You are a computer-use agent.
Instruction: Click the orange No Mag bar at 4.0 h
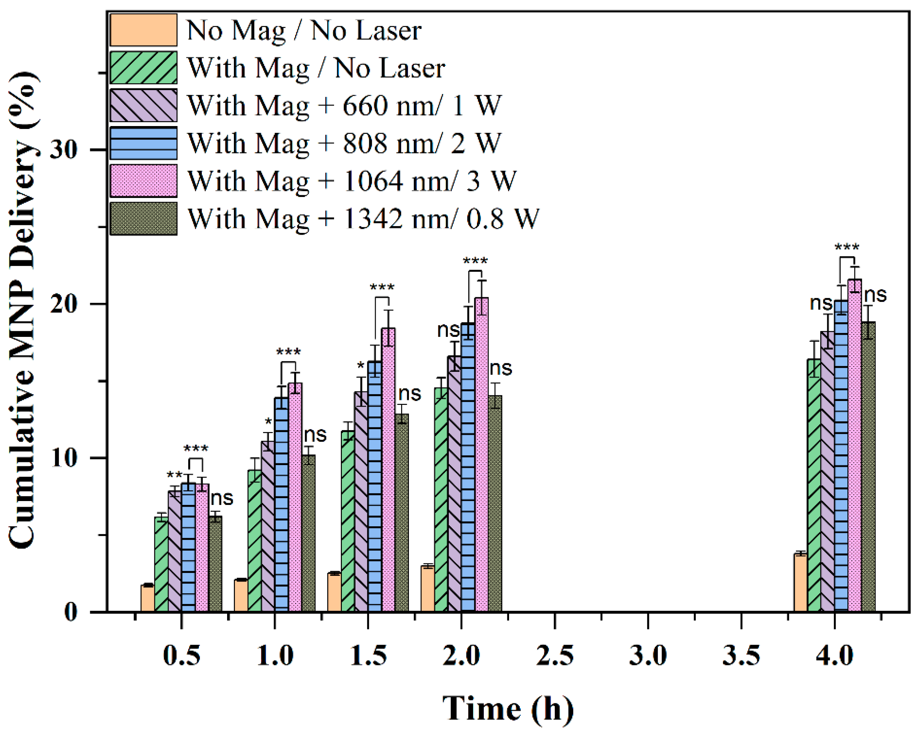coord(800,583)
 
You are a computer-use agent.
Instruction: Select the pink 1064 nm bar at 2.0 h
coord(482,455)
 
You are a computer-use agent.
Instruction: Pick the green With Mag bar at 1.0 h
coord(255,541)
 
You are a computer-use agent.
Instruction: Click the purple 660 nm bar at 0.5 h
coord(175,551)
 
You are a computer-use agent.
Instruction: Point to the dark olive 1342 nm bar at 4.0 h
coord(868,467)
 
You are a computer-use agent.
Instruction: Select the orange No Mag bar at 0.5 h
coord(148,599)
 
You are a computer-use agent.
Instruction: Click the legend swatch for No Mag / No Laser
coord(143,30)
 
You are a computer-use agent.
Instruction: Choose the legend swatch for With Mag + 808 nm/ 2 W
coord(143,143)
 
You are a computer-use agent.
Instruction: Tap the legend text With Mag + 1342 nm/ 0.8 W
coord(363,219)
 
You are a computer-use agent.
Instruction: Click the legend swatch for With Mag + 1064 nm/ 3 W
coord(143,181)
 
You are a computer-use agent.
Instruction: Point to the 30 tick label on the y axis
coord(63,150)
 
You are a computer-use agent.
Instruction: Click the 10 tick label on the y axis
coord(63,458)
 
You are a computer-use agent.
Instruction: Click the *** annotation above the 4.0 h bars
coord(847,247)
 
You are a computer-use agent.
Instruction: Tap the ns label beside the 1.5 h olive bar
coord(410,394)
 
